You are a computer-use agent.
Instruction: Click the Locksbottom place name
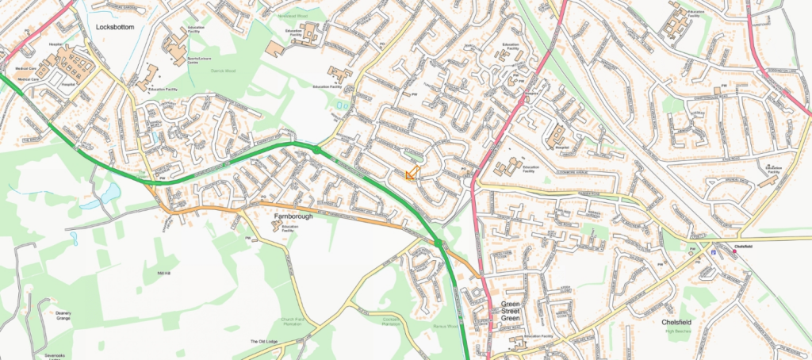click(115, 27)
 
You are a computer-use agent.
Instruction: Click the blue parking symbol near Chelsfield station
click(714, 252)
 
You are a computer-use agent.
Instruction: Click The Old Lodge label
click(263, 342)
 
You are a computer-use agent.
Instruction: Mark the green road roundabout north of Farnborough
click(316, 148)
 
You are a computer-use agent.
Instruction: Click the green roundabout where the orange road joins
click(438, 243)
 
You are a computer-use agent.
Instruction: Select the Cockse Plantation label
click(390, 321)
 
